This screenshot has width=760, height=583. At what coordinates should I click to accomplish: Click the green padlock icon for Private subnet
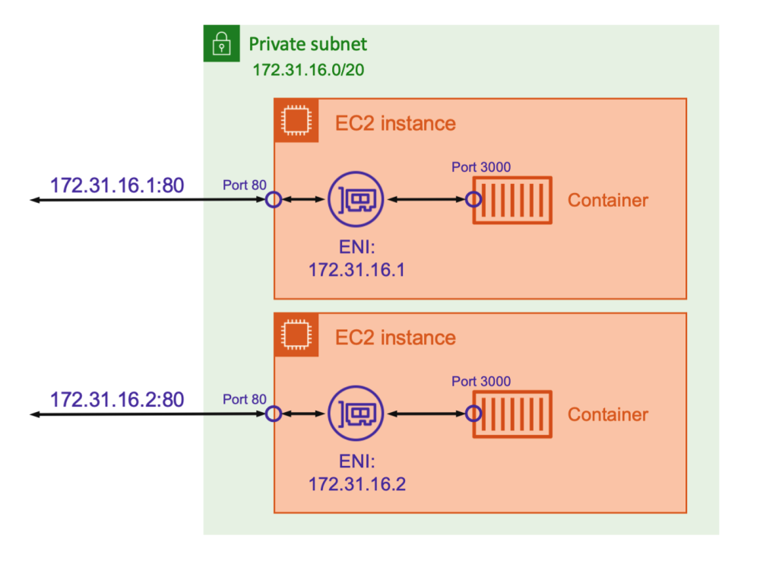click(222, 43)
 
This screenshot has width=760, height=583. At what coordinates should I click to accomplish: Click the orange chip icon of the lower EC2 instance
click(293, 334)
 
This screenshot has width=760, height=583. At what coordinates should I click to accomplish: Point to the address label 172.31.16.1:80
click(117, 185)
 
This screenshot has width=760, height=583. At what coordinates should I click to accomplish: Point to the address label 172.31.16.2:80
click(117, 400)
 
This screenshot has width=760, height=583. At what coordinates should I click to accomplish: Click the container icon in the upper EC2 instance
click(512, 200)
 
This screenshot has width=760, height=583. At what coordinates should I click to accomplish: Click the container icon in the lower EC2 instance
click(512, 414)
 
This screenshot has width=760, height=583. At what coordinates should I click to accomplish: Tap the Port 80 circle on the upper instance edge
click(274, 200)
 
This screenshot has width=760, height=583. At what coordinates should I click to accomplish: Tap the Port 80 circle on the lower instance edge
click(274, 414)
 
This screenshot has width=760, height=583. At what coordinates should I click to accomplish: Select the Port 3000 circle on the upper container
click(473, 200)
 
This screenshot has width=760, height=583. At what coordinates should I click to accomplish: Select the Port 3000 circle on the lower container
click(473, 414)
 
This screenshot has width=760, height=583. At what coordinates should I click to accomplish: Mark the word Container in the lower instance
click(608, 414)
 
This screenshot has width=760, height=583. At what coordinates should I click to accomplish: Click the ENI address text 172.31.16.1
click(356, 269)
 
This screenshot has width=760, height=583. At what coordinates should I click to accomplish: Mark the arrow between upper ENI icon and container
click(426, 200)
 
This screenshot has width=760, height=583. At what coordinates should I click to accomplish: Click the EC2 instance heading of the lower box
click(395, 337)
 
